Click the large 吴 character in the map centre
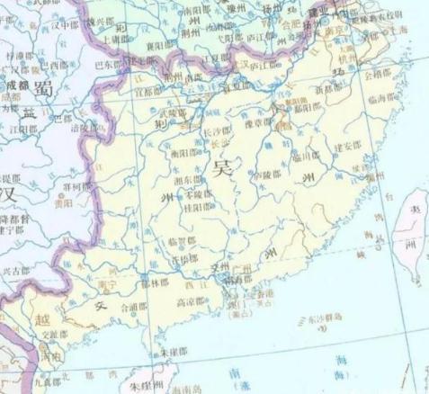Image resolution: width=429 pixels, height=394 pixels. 222,168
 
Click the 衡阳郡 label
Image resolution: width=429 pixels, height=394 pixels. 184,153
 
